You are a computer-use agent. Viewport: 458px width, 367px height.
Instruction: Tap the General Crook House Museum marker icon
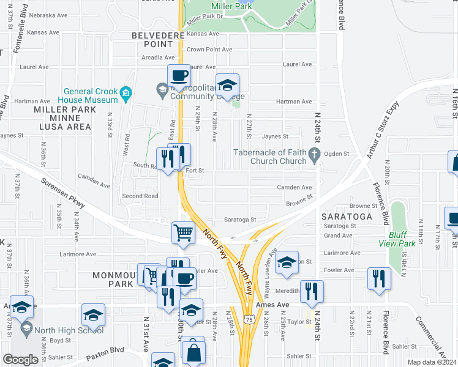coord(126,94)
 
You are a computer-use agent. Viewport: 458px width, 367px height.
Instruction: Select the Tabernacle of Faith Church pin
coord(315,157)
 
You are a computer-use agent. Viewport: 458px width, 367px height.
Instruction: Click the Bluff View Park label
coord(401,239)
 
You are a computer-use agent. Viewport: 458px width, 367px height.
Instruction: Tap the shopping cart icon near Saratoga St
coord(183,232)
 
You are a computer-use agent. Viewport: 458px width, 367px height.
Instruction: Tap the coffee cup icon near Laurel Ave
coord(179,76)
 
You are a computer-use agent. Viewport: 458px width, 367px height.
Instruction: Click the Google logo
coord(20,359)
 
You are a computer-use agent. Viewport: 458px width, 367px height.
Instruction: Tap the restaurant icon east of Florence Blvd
coord(379,278)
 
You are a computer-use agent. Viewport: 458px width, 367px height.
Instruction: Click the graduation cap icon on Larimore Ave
coord(286,262)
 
